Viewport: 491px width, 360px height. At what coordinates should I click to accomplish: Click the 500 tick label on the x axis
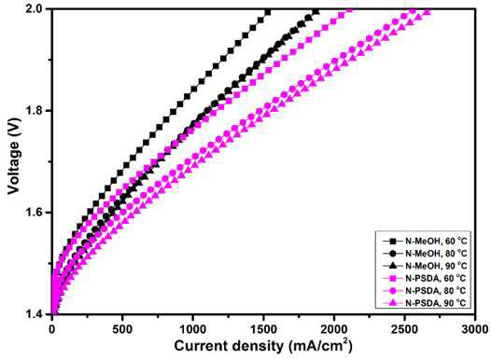(122, 329)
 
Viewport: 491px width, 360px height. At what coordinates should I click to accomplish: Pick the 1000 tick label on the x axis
(192, 329)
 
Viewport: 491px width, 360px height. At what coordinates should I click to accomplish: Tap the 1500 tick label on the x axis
(263, 329)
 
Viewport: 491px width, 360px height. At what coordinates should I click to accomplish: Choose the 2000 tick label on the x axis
(334, 329)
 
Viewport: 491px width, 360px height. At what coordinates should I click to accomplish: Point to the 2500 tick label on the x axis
(404, 329)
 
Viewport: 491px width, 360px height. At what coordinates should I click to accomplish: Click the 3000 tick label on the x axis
(475, 329)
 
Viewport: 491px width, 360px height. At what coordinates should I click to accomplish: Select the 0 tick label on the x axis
(52, 329)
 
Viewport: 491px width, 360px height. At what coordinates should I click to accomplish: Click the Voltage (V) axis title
(13, 156)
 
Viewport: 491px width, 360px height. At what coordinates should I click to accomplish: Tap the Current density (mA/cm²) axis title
(263, 346)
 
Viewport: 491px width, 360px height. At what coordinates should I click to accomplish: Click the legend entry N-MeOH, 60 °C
(425, 242)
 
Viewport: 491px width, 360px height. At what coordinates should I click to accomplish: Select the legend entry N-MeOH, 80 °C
(425, 254)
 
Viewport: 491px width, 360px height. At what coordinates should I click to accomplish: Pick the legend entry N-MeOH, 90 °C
(425, 266)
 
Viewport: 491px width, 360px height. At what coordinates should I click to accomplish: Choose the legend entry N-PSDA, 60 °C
(425, 278)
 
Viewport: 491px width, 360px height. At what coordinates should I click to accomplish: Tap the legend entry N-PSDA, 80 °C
(425, 291)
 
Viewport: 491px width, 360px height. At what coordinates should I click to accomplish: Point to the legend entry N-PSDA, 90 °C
(425, 303)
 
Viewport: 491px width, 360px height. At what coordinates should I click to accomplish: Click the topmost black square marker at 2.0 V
(268, 12)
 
